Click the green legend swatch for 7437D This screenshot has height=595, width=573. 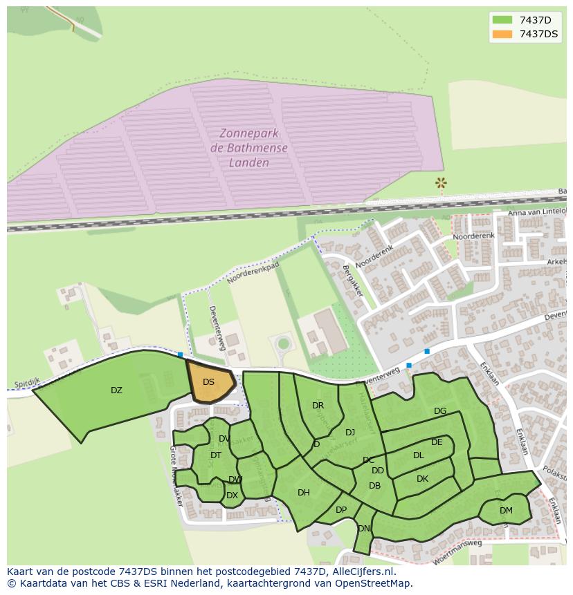(x=502, y=20)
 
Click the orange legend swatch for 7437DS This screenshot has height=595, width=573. (x=502, y=34)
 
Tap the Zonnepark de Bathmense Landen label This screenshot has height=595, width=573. (x=248, y=148)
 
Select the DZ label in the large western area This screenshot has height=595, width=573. (x=116, y=390)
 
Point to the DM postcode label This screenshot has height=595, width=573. (x=506, y=511)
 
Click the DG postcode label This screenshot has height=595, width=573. (x=440, y=411)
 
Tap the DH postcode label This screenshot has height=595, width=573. (x=303, y=493)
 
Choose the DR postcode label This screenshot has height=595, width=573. (x=318, y=406)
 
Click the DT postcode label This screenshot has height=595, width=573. (x=216, y=455)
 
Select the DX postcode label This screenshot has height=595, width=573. (x=232, y=495)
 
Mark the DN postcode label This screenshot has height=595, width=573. (x=364, y=529)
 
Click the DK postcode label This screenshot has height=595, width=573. (x=422, y=479)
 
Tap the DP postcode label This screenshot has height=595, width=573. (x=341, y=510)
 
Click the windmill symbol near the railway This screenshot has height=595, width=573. (x=440, y=183)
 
